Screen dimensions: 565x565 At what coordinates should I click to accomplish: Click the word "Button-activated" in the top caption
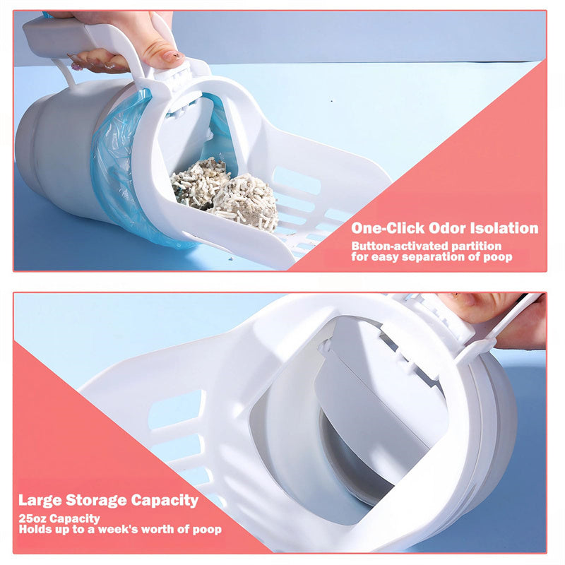coord(396,246)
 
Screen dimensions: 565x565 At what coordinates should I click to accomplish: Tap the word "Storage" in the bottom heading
coord(99,500)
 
